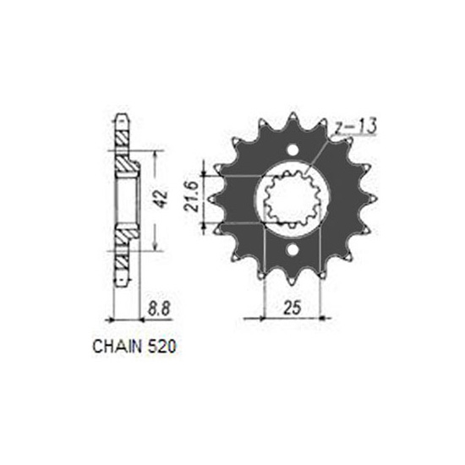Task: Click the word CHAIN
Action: pos(117,346)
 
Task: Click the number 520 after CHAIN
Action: pos(161,346)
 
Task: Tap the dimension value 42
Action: pos(161,200)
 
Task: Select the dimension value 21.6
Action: pos(191,197)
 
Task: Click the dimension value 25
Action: pos(293,307)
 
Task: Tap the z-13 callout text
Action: pos(355,126)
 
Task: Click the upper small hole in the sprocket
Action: pos(293,150)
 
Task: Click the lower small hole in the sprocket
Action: pos(293,250)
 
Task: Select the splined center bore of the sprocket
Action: pos(293,200)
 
